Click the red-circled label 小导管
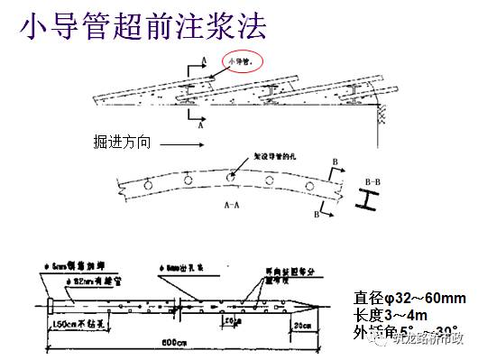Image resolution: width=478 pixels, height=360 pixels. pos(241,60)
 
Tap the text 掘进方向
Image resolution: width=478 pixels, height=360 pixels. pos(123,141)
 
